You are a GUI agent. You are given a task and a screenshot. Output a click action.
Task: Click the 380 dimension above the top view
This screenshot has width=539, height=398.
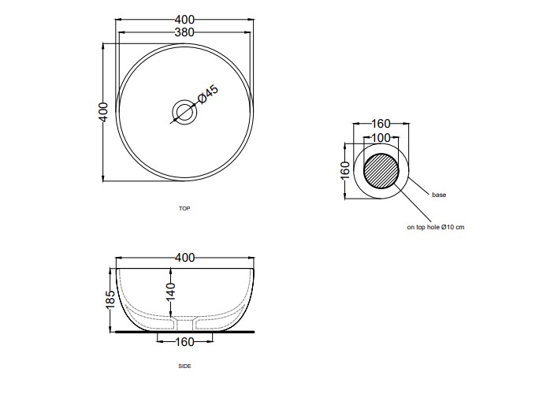point(184,32)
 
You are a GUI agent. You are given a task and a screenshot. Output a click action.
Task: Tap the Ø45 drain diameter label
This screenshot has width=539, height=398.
point(207,94)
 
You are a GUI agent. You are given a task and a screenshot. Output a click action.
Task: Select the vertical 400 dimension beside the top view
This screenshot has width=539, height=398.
point(103,112)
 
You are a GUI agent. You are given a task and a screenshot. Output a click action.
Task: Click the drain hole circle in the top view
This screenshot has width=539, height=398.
point(184,110)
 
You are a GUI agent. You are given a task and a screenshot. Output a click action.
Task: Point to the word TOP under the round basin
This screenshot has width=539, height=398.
point(184,208)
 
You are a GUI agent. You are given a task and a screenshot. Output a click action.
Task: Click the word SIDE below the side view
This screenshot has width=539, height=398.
point(184,366)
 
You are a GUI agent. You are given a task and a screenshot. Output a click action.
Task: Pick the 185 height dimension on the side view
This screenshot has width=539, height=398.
point(110,299)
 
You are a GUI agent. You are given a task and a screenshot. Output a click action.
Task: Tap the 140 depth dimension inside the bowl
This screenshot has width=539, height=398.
point(171,292)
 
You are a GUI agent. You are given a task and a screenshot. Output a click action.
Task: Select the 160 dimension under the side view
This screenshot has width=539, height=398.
point(184,342)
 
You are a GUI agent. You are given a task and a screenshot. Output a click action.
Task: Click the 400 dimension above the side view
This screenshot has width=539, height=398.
point(185,258)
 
